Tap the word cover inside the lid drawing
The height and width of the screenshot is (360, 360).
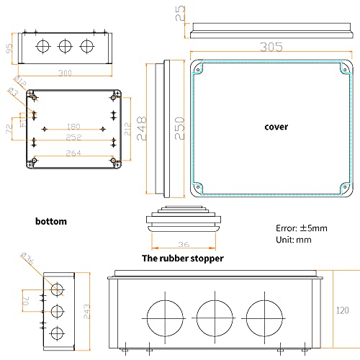point(276,127)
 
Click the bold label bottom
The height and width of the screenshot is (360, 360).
point(50,221)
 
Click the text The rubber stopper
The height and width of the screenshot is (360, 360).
point(182,258)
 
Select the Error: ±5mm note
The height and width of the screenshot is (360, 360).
point(302,228)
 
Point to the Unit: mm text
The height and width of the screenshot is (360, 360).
point(293,239)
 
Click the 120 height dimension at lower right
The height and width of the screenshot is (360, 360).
point(342,310)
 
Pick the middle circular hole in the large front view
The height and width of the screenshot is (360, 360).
point(215,317)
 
